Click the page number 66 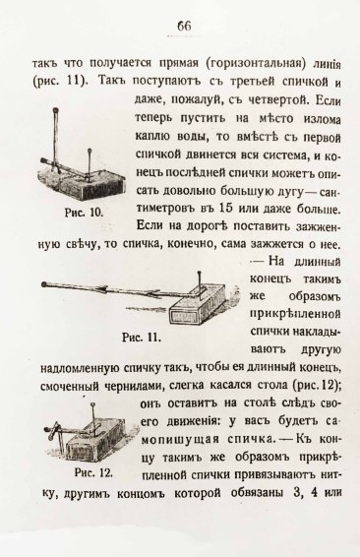pos(184,26)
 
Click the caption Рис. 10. pos(85,213)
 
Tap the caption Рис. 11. pos(142,337)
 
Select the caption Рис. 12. pos(93,472)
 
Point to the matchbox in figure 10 pos(82,182)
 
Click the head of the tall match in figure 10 pos(55,110)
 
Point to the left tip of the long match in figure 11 pos(43,284)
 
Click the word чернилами pos(131,386)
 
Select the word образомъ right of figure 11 pos(315,296)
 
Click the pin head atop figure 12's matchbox pos(93,404)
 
